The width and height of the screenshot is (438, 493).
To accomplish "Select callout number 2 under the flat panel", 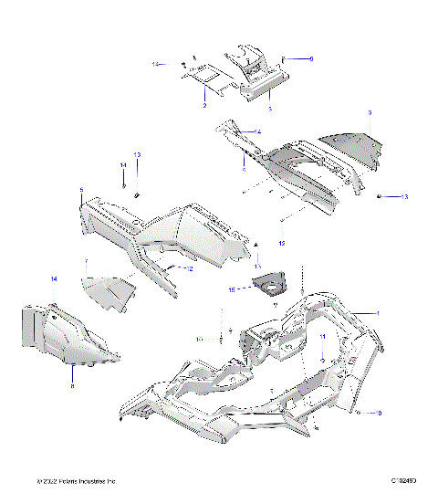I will click(204, 106).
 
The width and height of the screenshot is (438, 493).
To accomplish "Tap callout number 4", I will click(258, 132).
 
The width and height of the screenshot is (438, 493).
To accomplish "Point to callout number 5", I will click(81, 191).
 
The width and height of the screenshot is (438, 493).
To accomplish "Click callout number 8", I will click(72, 386).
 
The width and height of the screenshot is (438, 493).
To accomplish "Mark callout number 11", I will click(321, 338).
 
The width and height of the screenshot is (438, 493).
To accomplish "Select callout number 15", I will click(233, 288).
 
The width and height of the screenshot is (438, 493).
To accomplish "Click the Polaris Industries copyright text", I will click(78, 481).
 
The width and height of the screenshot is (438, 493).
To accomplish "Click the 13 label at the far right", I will click(406, 197).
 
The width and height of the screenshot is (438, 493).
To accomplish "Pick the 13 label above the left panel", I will click(137, 154).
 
